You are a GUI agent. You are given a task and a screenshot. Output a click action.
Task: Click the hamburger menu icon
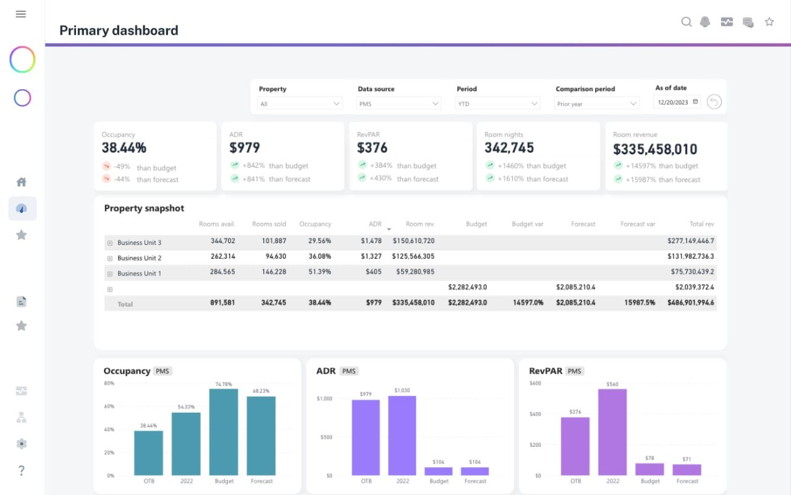point(21,14)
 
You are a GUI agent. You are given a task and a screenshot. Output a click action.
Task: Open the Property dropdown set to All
point(300,104)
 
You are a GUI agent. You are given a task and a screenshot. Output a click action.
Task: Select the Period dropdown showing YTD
point(497,104)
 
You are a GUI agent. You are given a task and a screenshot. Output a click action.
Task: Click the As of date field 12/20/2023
point(677,102)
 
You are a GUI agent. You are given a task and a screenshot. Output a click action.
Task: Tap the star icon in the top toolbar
point(769,22)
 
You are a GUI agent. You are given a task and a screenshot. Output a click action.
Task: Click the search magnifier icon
point(686,22)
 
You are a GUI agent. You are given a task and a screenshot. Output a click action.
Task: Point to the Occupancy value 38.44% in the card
point(124,148)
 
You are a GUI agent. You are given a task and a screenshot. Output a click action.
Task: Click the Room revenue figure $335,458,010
point(655,149)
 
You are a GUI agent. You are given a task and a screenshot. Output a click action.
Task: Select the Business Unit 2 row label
point(139,258)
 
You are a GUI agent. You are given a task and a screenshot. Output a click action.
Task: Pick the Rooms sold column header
point(269,224)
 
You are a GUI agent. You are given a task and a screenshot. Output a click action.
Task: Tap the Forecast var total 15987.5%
point(638,303)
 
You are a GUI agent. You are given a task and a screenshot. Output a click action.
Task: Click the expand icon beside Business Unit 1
point(110,273)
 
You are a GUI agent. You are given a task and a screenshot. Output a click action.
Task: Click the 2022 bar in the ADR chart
point(402,436)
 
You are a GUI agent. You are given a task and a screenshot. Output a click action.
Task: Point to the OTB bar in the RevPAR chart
point(575,446)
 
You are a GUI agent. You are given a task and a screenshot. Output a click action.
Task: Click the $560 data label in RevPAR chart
point(612,384)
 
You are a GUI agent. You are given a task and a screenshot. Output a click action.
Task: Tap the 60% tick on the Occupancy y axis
point(109,407)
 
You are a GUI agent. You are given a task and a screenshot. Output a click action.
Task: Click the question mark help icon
point(21,470)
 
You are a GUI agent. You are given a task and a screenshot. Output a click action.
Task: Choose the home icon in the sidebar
point(21,182)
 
